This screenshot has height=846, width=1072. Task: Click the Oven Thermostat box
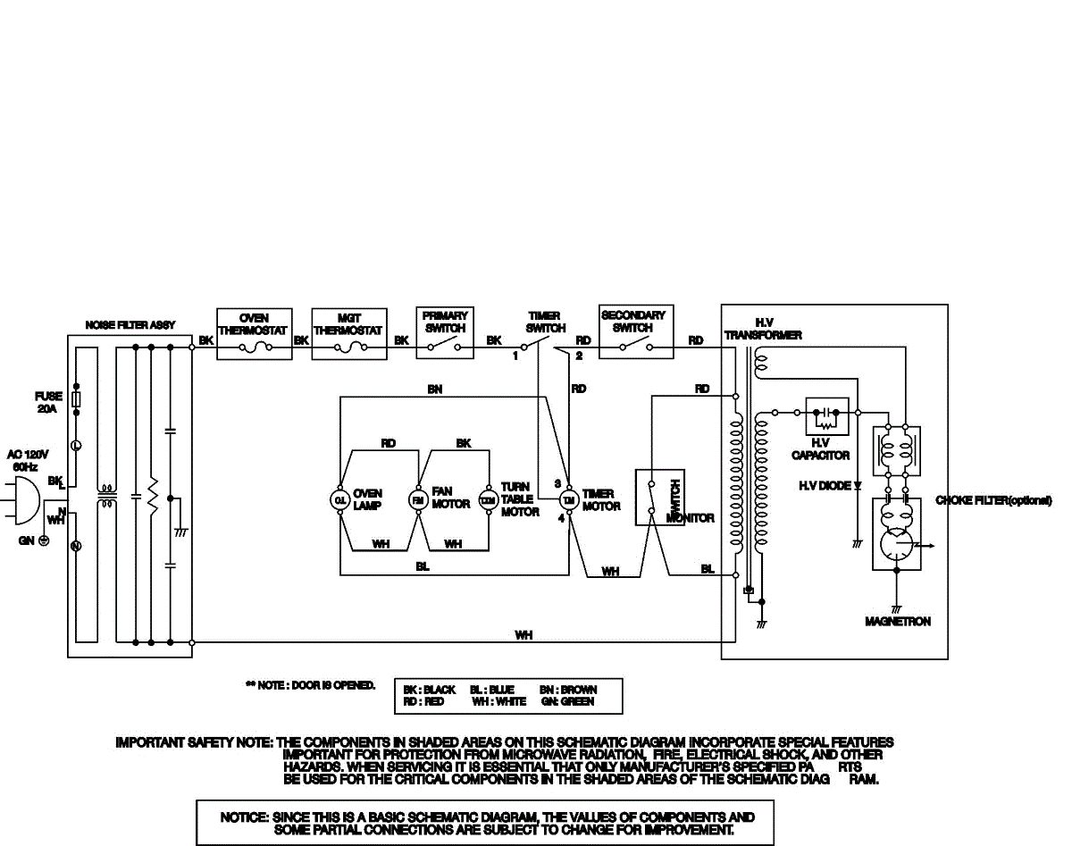[255, 334]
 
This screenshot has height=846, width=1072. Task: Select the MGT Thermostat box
[349, 334]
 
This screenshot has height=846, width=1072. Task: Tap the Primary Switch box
[445, 333]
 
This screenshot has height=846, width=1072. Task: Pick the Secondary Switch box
[636, 332]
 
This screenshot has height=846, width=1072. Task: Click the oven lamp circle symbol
[339, 499]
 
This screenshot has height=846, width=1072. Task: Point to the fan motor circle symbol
[417, 499]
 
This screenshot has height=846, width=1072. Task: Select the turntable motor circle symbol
[488, 499]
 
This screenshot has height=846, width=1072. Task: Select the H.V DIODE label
[825, 486]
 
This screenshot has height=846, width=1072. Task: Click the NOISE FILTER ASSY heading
[130, 325]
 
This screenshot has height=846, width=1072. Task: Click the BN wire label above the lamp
[434, 390]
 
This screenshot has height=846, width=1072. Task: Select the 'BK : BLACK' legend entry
[430, 690]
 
